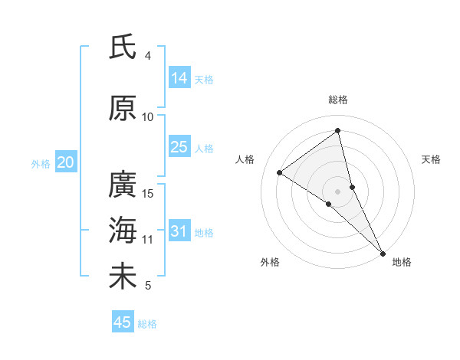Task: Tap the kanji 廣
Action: (123, 185)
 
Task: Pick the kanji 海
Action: (123, 230)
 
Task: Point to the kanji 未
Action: (123, 276)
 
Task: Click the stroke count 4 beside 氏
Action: (148, 56)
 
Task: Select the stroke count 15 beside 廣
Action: (149, 193)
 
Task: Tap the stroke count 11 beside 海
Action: (148, 239)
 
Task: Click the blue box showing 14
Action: (179, 78)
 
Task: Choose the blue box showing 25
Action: (179, 147)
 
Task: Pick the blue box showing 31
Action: (179, 231)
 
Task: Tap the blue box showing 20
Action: (66, 162)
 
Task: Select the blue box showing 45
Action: (123, 322)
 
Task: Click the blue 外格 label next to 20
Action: (41, 163)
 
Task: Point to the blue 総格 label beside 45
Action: (147, 324)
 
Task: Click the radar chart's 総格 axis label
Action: (338, 100)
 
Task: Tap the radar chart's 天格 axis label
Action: (432, 159)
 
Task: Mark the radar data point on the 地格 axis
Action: (383, 251)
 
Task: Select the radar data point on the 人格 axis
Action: (280, 172)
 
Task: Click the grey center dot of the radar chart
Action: (338, 190)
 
